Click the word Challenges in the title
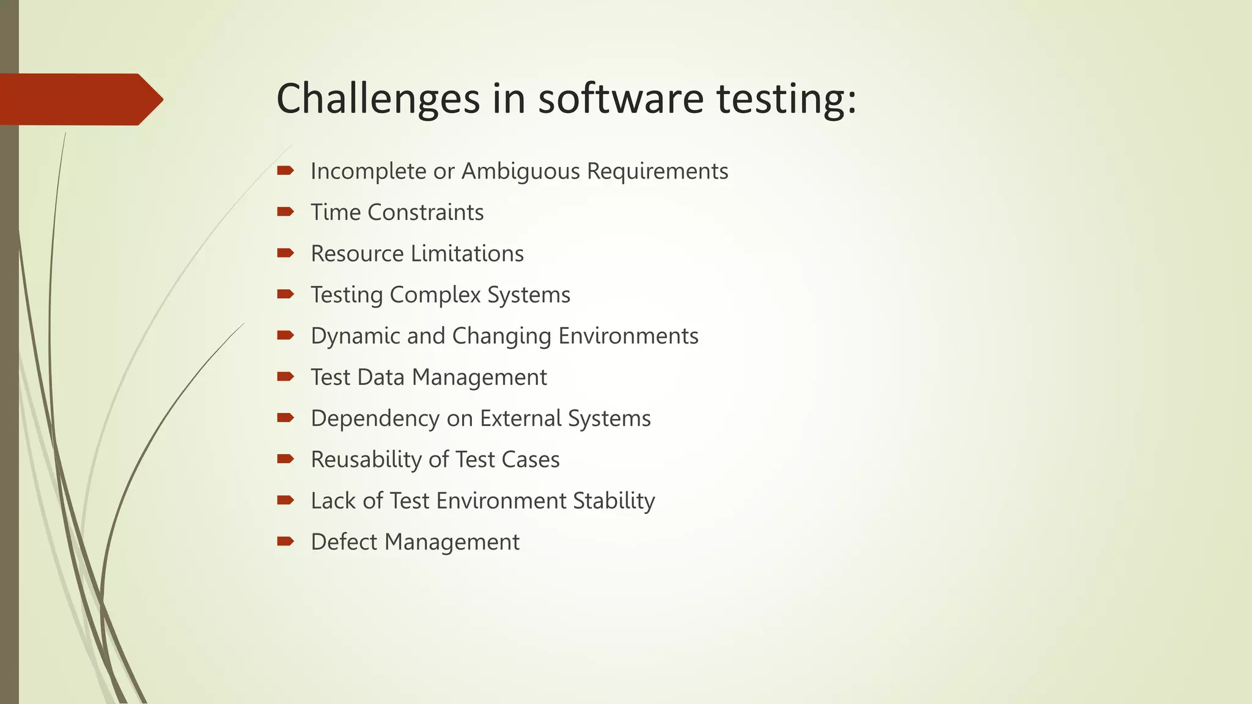378,99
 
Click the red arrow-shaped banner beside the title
79,99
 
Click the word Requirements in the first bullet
657,171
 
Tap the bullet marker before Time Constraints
285,212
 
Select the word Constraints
425,213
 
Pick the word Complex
435,295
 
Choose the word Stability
614,501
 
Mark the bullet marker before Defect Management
285,541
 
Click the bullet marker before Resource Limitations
285,253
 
